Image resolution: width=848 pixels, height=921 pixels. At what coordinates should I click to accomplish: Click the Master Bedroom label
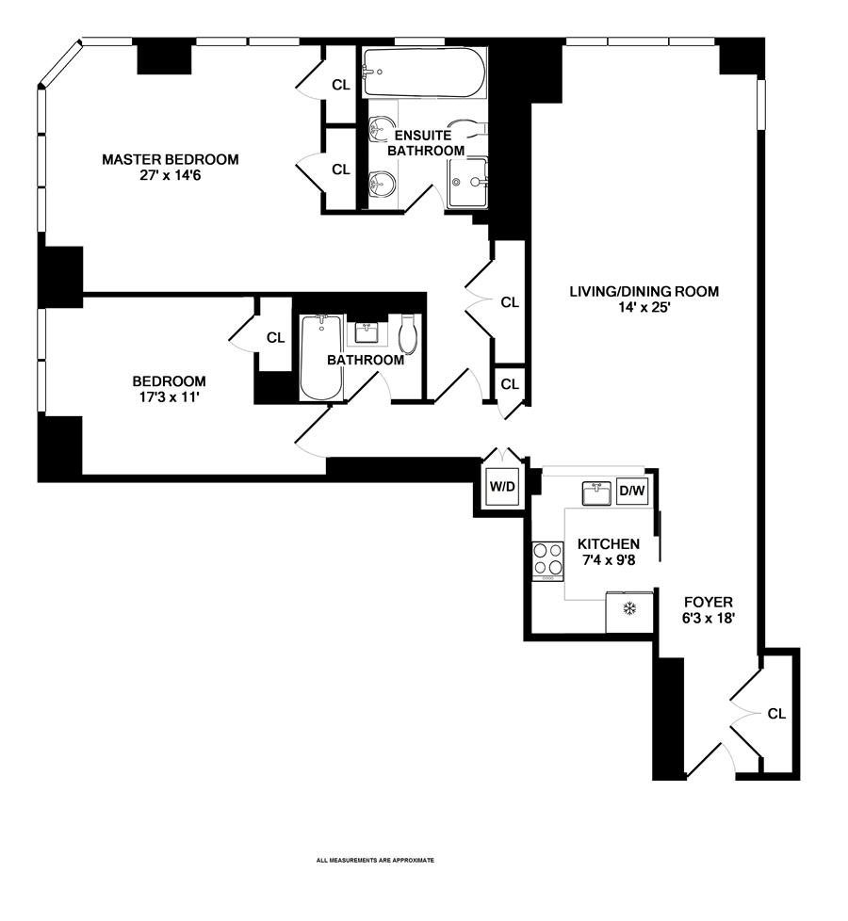pyautogui.click(x=170, y=159)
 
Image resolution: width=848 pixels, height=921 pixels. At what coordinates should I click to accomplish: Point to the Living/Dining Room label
pyautogui.click(x=644, y=292)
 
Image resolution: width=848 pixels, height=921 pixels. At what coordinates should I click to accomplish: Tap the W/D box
pyautogui.click(x=499, y=488)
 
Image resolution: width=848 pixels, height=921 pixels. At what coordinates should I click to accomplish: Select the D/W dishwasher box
pyautogui.click(x=630, y=492)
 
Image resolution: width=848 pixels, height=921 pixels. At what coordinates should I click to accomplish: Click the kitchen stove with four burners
pyautogui.click(x=547, y=561)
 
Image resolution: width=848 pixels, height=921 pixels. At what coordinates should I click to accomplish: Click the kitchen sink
pyautogui.click(x=595, y=493)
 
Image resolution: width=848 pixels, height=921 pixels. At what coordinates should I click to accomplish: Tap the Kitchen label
pyautogui.click(x=609, y=544)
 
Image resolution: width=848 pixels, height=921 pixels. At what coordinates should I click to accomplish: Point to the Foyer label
pyautogui.click(x=708, y=602)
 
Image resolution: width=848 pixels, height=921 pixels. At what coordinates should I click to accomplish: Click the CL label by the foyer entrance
pyautogui.click(x=776, y=714)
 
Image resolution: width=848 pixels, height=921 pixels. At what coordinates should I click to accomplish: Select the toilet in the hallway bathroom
pyautogui.click(x=408, y=333)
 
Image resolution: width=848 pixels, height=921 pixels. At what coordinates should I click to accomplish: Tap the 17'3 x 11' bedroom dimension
pyautogui.click(x=169, y=397)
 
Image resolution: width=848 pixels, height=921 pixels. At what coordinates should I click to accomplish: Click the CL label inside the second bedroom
pyautogui.click(x=275, y=338)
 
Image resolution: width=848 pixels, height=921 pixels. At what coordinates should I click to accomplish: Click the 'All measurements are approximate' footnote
pyautogui.click(x=375, y=860)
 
